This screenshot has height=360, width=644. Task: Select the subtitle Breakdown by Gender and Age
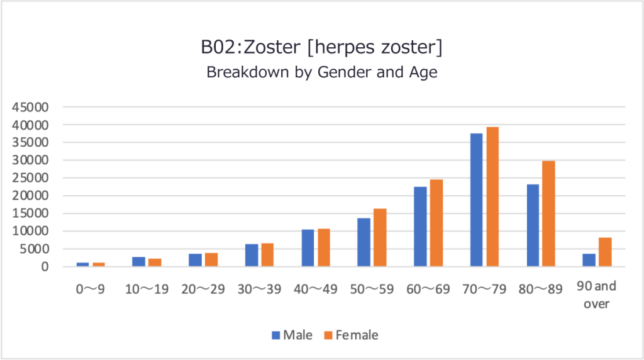click(x=321, y=72)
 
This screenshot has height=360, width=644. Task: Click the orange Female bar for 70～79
click(x=492, y=196)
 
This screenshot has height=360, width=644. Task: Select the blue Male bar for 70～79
click(x=476, y=200)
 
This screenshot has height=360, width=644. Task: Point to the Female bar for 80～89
click(x=548, y=213)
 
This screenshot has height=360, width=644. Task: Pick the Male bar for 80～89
click(x=533, y=225)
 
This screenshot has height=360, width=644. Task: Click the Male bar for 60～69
click(x=420, y=226)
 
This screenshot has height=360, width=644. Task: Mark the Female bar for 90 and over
click(x=605, y=252)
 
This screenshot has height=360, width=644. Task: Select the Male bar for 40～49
click(x=308, y=247)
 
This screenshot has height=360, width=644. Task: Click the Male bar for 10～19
click(x=138, y=261)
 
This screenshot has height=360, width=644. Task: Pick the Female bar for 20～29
click(x=211, y=259)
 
